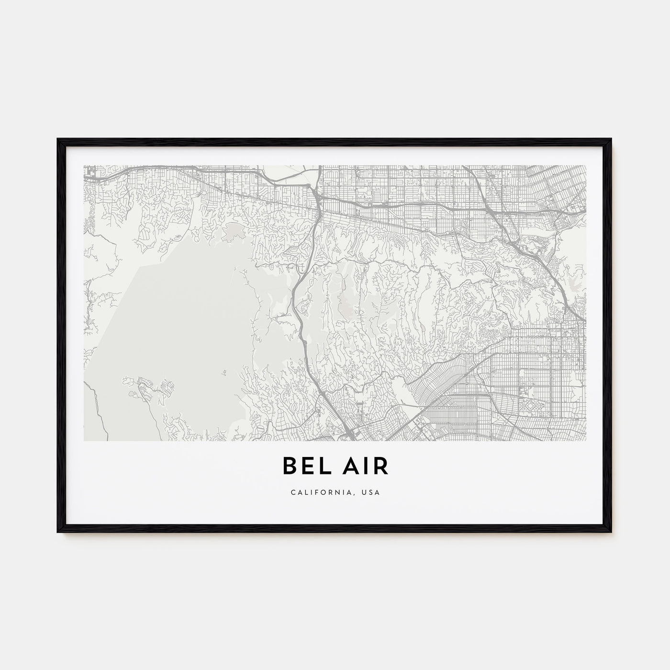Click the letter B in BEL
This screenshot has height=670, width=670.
coord(290,466)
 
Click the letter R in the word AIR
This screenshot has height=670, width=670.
coord(380,466)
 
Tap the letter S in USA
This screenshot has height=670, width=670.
coord(372,492)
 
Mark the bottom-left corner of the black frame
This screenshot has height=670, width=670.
coord(58,533)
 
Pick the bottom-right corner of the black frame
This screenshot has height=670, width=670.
coord(612,533)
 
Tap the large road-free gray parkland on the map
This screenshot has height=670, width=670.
coord(177,325)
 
